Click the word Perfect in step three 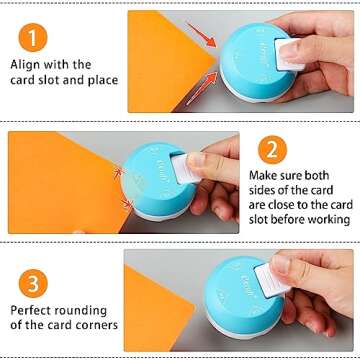pyautogui.click(x=35, y=307)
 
